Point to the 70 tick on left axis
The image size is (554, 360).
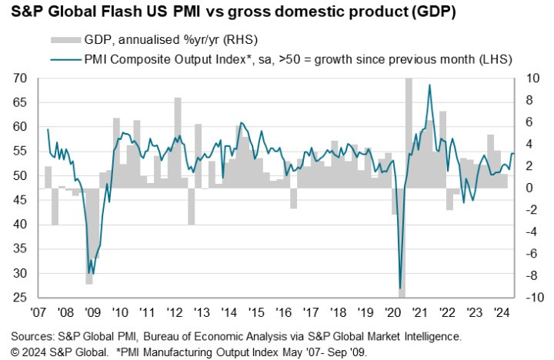(20, 78)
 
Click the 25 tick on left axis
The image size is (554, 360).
(20, 298)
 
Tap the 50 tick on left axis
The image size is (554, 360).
(20, 176)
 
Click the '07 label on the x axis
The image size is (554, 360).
(38, 313)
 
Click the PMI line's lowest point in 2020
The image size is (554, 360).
(401, 288)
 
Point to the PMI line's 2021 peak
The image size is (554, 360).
(429, 85)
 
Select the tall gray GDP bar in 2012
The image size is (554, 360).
(178, 142)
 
